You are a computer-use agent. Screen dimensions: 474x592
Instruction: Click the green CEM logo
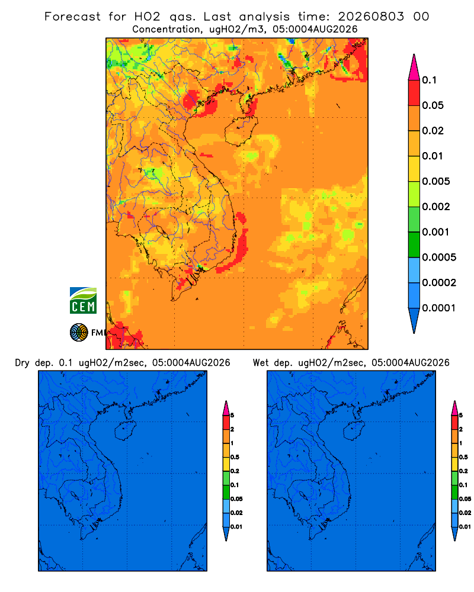point(83,301)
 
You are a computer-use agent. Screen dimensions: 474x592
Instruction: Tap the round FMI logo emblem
point(79,332)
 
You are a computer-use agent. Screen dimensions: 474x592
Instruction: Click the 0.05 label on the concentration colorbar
point(433,105)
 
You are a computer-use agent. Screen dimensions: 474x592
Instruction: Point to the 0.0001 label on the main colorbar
point(438,308)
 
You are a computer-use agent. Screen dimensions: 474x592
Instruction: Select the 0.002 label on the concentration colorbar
point(436,207)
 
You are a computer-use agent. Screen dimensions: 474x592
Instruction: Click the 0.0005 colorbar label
point(439,258)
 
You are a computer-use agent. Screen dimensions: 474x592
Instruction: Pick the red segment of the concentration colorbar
point(414,93)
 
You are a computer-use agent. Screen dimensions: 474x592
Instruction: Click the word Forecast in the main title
point(72,17)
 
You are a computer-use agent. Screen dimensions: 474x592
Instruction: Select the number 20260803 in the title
point(370,17)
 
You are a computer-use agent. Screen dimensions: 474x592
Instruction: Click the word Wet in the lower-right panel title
point(261,363)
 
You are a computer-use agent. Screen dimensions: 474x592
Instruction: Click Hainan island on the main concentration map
point(241,131)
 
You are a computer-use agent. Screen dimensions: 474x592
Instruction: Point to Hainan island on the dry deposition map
point(125,431)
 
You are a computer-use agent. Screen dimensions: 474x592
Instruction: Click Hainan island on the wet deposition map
point(354,431)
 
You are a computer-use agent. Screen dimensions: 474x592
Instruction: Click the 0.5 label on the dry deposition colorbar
point(235,457)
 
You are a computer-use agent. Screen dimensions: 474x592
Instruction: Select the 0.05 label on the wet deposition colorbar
point(465,499)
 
